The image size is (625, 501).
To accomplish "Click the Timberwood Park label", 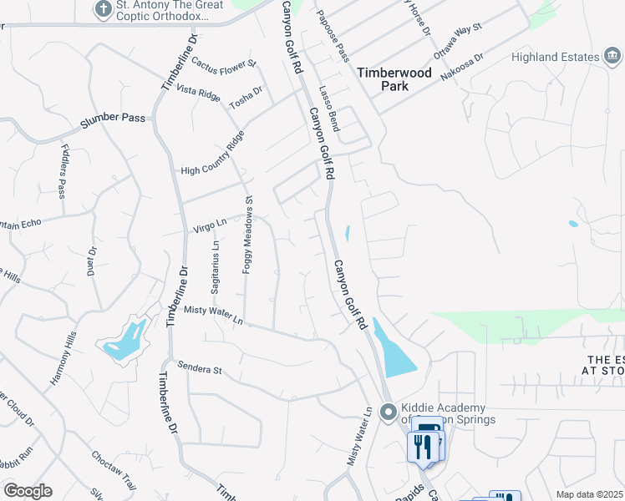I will tap(394, 79).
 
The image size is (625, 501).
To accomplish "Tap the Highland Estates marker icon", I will tap(612, 56).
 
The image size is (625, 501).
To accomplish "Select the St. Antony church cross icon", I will tap(103, 10).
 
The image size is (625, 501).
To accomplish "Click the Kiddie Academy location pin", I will tap(387, 412).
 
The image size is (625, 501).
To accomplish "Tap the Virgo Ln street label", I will tap(210, 225).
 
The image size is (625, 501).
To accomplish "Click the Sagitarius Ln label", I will tap(216, 266).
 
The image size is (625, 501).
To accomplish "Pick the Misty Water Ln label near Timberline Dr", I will tap(213, 315).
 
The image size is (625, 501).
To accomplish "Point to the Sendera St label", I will tap(199, 368).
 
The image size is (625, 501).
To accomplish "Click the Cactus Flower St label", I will tap(223, 63).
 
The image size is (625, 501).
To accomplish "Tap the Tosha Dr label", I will tap(246, 97).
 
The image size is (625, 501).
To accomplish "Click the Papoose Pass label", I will tap(332, 37).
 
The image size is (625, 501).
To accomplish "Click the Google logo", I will tap(28, 491).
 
